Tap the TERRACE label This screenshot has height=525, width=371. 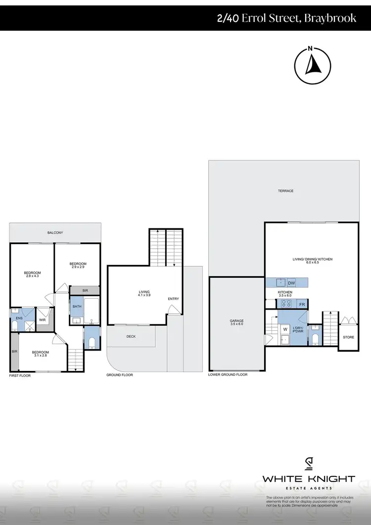(285, 191)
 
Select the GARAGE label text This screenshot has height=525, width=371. (236, 321)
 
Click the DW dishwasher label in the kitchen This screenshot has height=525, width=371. (291, 283)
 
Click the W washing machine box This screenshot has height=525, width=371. (285, 328)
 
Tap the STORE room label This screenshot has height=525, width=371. (348, 337)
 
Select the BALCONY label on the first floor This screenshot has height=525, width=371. (55, 232)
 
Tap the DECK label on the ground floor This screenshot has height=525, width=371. (131, 337)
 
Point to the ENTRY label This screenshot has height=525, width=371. (174, 299)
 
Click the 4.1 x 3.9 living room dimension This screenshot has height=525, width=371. (144, 296)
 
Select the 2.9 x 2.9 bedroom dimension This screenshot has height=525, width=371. (78, 267)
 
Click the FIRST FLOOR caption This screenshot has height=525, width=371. (20, 376)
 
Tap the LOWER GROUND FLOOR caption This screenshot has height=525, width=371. (228, 375)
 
